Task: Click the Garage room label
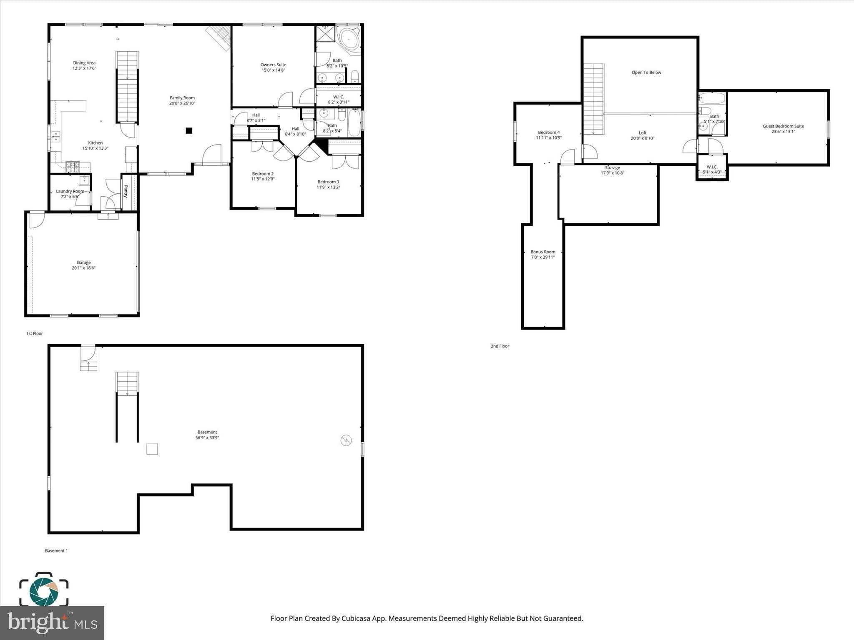coord(83,262)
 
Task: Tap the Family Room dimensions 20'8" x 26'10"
coord(182,103)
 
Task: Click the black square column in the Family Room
coord(189,130)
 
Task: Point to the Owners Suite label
coord(273,65)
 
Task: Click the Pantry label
coord(126,191)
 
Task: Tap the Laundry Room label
coord(70,191)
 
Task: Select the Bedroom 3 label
coord(328,182)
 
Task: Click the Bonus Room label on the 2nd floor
coord(543,252)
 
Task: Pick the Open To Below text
coord(646,72)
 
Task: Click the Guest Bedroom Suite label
coord(783,126)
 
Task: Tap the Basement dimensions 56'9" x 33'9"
coord(207,438)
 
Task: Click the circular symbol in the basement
coord(346,440)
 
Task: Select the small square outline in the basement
coord(152,449)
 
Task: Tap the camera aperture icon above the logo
coord(43,590)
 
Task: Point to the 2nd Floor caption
coord(500,346)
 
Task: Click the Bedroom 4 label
coord(549,132)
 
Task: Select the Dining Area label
coord(84,63)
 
